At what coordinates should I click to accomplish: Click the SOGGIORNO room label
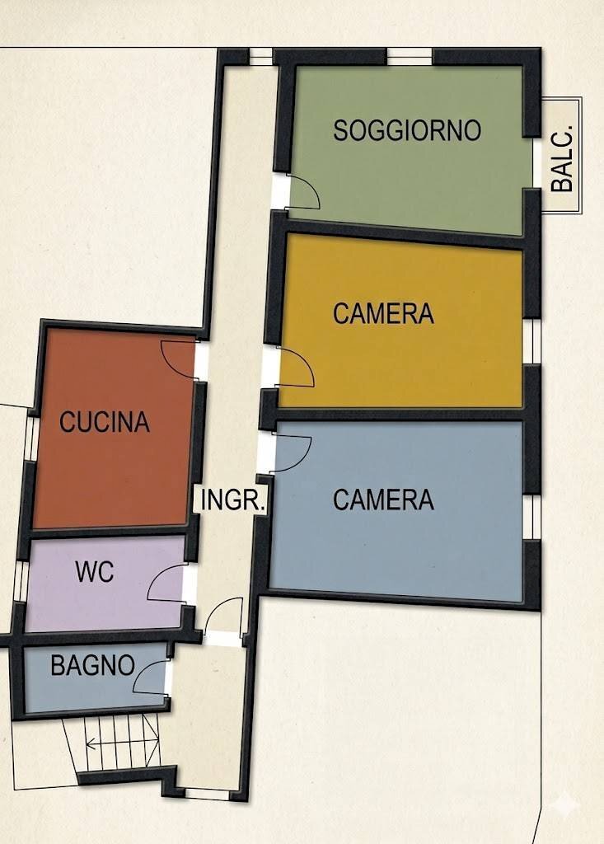click(407, 130)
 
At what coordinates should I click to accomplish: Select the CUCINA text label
click(105, 422)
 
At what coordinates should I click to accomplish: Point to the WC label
click(95, 573)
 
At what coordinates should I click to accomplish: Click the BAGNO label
click(92, 665)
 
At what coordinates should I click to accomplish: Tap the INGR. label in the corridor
click(233, 499)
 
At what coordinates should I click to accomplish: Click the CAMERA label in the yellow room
click(383, 314)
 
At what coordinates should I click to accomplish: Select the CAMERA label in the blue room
click(383, 499)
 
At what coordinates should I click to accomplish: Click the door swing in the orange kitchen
click(177, 359)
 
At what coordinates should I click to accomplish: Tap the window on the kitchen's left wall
click(30, 436)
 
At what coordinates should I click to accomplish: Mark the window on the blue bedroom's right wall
click(534, 517)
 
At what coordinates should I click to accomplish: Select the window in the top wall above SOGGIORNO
click(410, 56)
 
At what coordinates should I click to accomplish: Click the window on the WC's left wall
click(21, 580)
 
